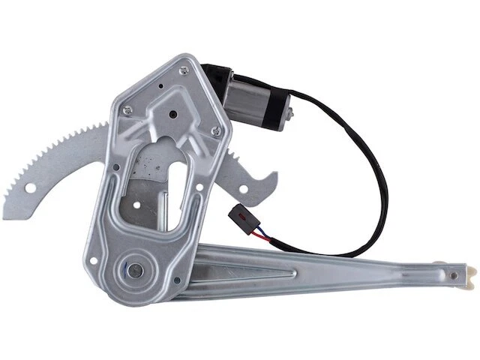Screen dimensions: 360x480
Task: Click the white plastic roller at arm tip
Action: coord(466,277)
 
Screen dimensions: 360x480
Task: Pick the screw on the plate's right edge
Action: coord(217,133)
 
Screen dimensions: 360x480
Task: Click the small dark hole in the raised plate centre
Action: coord(174,115)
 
